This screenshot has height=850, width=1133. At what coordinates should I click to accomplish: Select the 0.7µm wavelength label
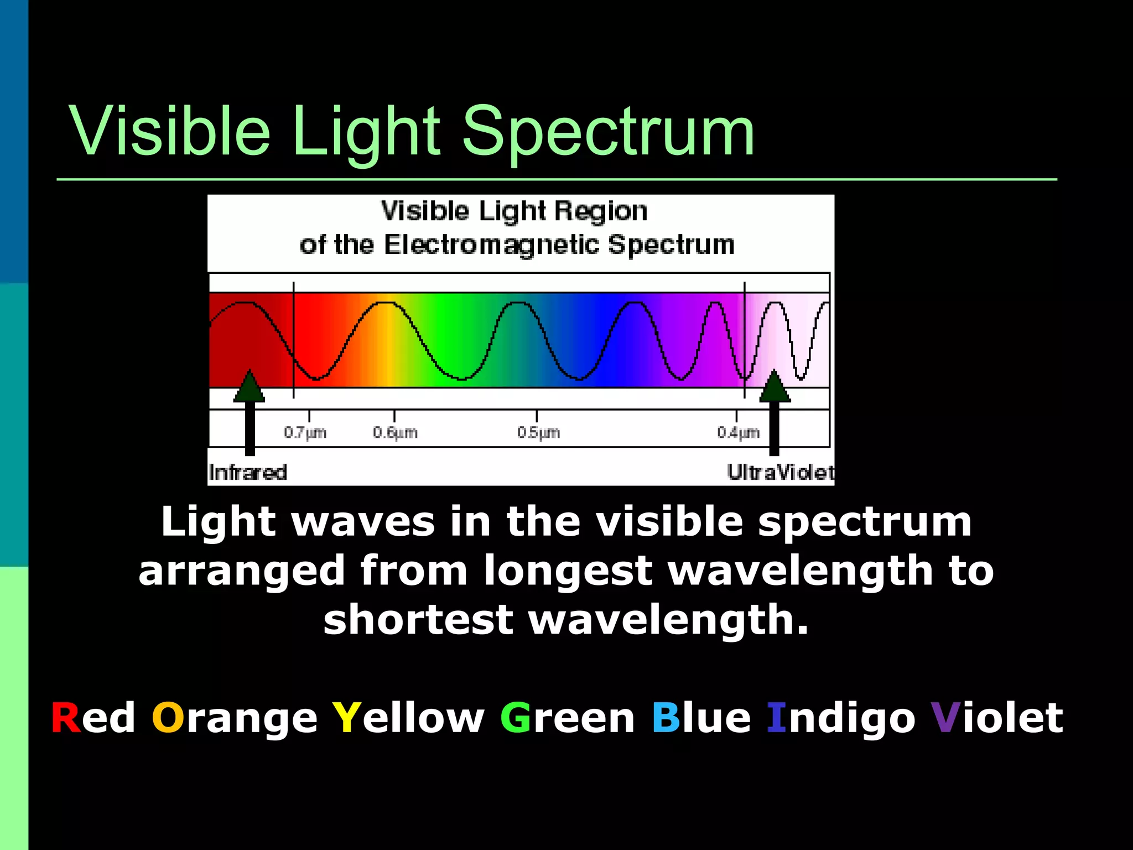(x=305, y=432)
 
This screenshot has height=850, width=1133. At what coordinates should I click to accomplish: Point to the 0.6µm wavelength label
(x=395, y=432)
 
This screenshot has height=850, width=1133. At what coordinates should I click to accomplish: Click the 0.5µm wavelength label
(x=538, y=432)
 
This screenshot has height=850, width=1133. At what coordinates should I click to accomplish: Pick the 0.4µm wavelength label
(x=738, y=432)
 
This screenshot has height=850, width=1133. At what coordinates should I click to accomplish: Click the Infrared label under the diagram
(x=248, y=473)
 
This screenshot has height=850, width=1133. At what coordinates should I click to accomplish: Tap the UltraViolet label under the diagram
(x=780, y=473)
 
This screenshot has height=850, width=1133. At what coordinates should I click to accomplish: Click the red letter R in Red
(x=65, y=718)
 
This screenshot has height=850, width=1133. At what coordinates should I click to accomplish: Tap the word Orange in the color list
(x=235, y=719)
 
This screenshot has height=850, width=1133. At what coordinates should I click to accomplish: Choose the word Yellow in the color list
(x=408, y=718)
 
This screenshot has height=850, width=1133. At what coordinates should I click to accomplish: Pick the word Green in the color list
(x=567, y=718)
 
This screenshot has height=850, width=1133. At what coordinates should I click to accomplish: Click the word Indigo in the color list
(x=841, y=719)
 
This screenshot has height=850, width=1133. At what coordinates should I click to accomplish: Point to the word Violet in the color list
(x=996, y=718)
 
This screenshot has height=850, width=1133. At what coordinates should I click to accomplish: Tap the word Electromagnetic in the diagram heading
(x=491, y=245)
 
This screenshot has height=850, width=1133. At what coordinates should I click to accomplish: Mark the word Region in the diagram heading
(x=601, y=211)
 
